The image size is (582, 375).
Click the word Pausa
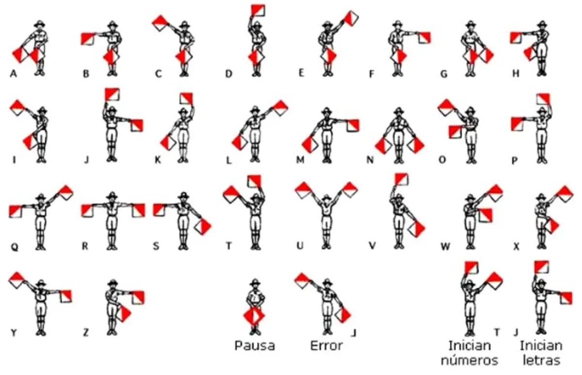point(255,346)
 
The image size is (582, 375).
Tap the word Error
point(326,346)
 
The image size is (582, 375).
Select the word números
point(469,360)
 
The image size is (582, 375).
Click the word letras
point(541,360)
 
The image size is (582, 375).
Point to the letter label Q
point(15,246)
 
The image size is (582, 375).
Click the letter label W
point(445,246)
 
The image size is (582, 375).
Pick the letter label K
point(158,160)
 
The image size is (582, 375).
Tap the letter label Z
point(86,332)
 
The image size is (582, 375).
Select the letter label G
point(444,74)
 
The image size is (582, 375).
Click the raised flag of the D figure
point(258,10)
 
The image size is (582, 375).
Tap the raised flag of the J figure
point(112,94)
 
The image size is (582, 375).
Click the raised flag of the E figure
point(351,18)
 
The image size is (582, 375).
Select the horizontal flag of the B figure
point(88,39)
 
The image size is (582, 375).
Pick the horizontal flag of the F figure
point(424,38)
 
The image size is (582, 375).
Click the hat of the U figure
point(326,197)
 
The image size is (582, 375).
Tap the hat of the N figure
point(399,111)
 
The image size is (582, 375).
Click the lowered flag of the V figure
point(416,229)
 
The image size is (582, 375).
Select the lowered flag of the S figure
point(203,227)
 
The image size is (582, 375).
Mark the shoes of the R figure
point(112,247)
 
